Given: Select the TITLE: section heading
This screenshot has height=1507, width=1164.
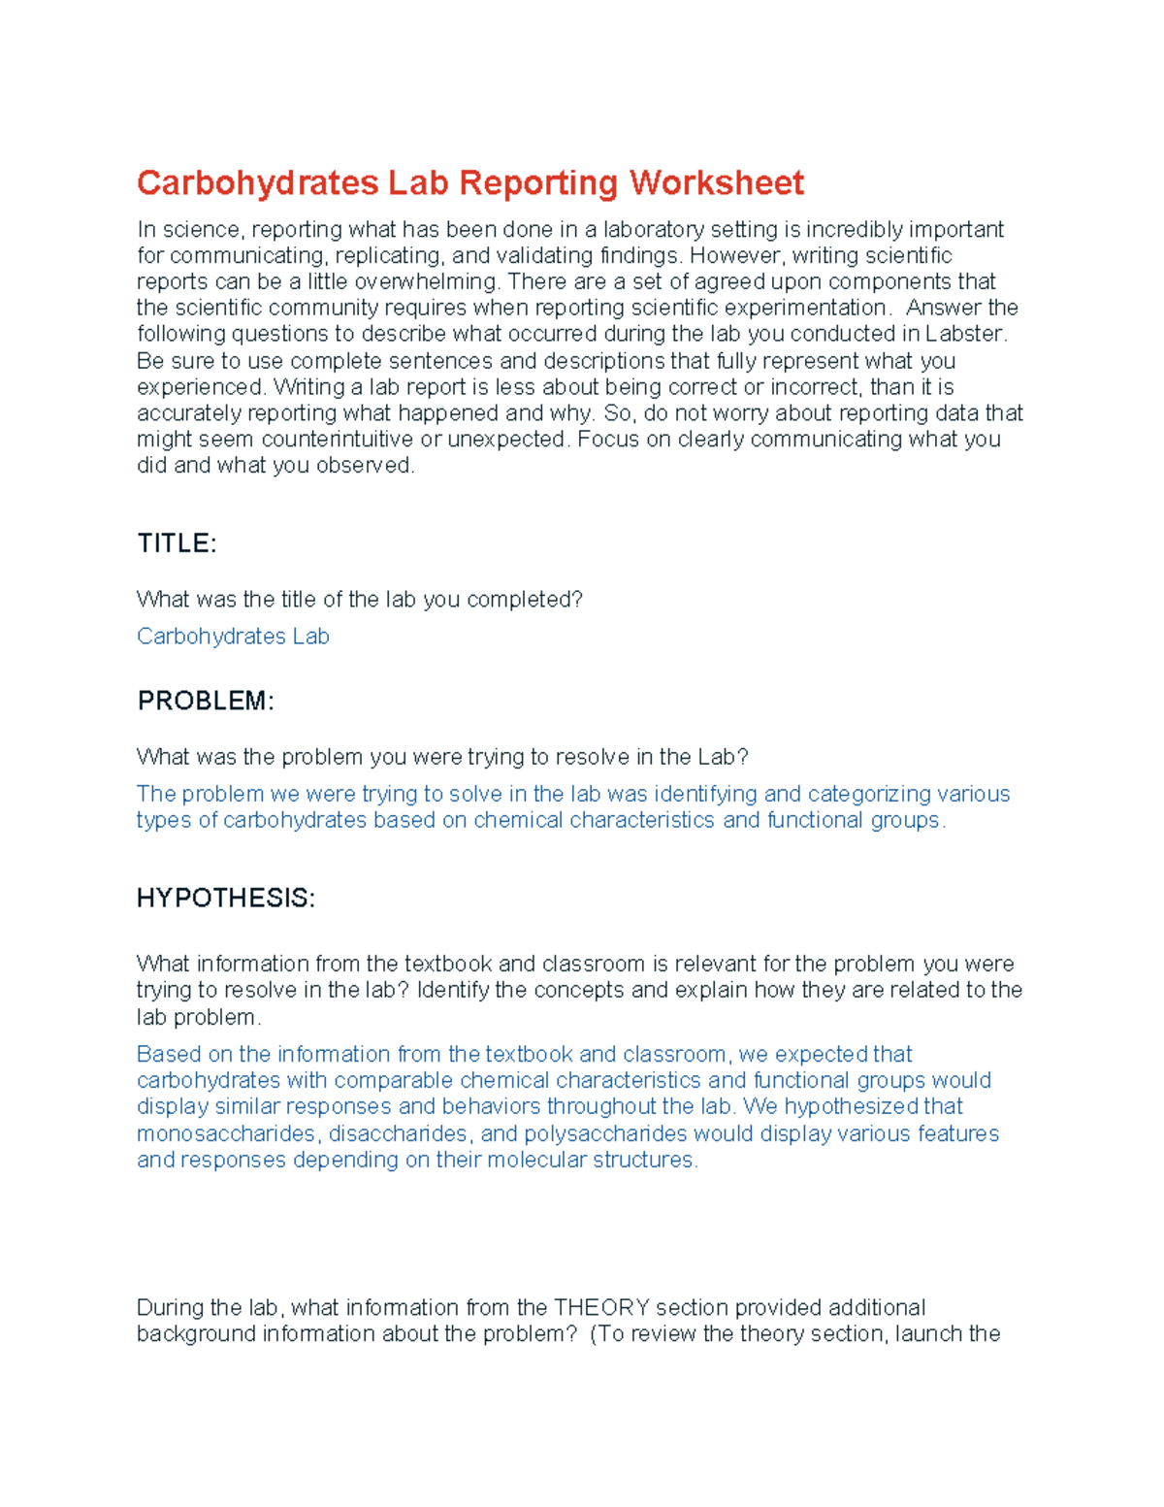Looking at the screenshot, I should click(177, 543).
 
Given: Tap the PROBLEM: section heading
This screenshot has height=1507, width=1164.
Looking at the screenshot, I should click(206, 701).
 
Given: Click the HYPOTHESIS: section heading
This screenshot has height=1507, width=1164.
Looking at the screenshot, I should click(225, 898).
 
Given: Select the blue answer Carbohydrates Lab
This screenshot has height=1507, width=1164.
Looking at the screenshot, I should click(233, 637).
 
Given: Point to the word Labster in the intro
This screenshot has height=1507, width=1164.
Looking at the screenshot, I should click(966, 334).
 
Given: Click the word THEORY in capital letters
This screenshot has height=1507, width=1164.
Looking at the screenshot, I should click(600, 1307).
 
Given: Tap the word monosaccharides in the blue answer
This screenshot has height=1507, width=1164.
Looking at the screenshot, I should click(226, 1133).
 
